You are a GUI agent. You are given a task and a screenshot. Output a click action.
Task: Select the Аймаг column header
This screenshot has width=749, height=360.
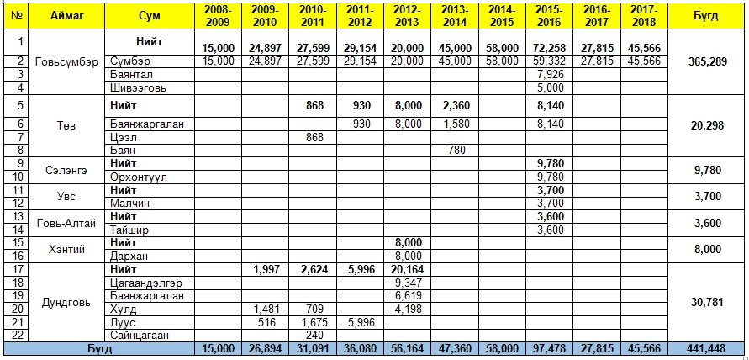tap(66, 16)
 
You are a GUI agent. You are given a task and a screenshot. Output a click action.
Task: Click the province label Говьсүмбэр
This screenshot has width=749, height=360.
tap(66, 62)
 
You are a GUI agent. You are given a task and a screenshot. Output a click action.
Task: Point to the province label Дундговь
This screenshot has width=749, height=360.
tap(66, 303)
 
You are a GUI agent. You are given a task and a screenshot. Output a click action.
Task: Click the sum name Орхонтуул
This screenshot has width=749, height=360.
tap(140, 176)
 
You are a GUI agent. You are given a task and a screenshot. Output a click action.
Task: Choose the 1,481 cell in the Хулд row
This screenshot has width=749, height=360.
tap(266, 309)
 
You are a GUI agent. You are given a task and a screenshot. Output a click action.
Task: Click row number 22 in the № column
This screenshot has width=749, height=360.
tap(17, 334)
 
